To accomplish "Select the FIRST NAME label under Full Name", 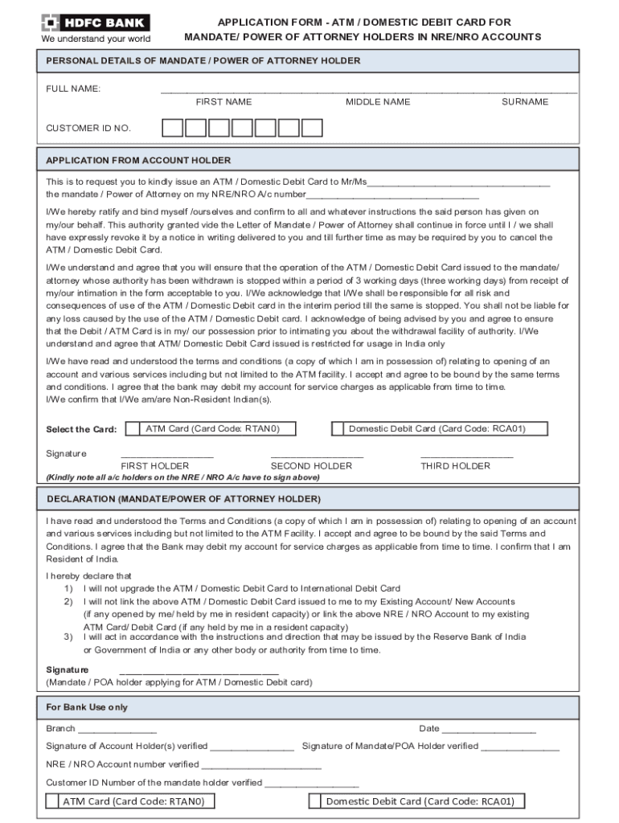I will (223, 102).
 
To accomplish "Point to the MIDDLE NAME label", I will (378, 102).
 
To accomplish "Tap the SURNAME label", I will (525, 102).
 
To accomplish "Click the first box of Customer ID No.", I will (173, 128).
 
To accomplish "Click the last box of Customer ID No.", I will (312, 128).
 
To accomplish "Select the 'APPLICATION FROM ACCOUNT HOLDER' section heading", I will (138, 160).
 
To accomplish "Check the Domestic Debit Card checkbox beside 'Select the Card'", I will (339, 429).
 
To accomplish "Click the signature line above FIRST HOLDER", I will (166, 457).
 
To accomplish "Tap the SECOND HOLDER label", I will (311, 466).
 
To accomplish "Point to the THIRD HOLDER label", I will (455, 466).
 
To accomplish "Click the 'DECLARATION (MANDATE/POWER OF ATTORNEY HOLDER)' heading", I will (183, 499).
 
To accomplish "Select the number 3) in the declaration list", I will (68, 637).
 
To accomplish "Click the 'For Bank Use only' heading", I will (87, 707).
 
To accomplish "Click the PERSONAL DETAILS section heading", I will (203, 61).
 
